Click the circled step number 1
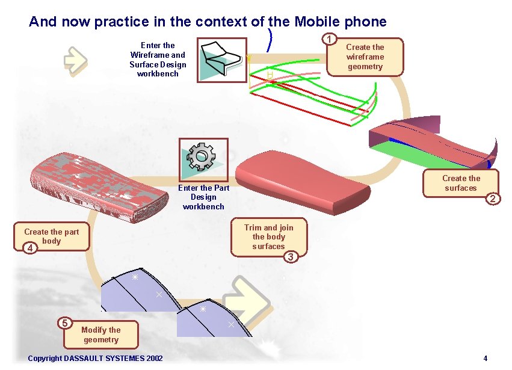coord(329,40)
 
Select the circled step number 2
coord(493,199)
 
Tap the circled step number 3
coord(291,257)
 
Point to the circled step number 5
coord(65,322)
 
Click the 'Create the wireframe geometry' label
coord(365,57)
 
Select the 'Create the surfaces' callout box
coord(460,183)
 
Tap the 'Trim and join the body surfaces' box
coord(269,236)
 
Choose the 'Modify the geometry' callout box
coord(100,335)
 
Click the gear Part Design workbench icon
coord(203,158)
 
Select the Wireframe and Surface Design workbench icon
coord(221,58)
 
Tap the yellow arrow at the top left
coord(76,60)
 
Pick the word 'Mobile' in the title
coord(318,22)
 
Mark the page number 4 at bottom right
coord(485,359)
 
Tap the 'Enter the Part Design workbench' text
coord(203,197)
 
